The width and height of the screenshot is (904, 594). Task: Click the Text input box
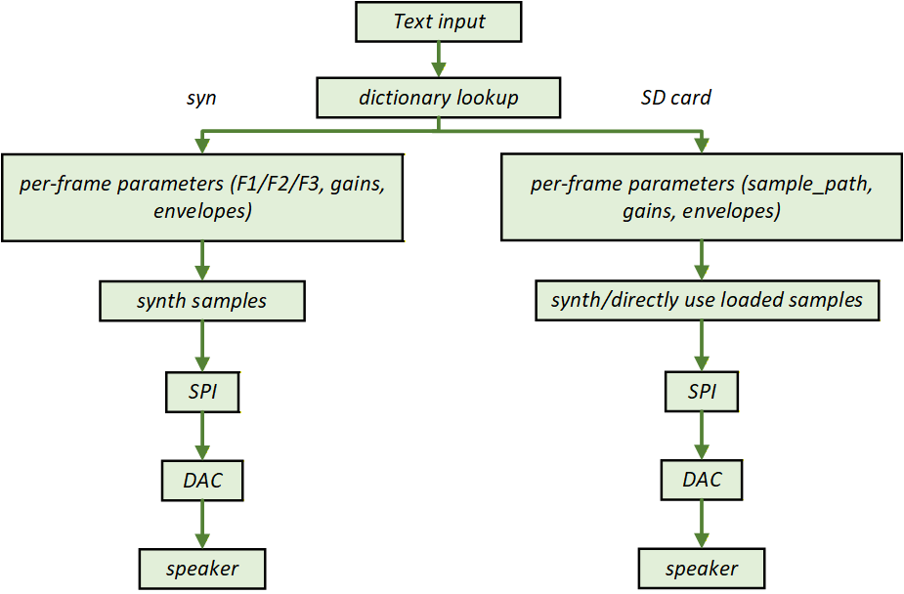pyautogui.click(x=439, y=21)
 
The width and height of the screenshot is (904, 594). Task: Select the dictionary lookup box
pyautogui.click(x=439, y=98)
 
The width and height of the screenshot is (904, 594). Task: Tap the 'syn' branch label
pyautogui.click(x=201, y=98)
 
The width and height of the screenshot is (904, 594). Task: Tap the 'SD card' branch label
pyautogui.click(x=675, y=98)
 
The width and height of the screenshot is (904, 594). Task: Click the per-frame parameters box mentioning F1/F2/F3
pyautogui.click(x=202, y=197)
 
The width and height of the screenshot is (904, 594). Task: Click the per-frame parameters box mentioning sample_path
pyautogui.click(x=701, y=197)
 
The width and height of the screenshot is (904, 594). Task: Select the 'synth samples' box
pyautogui.click(x=202, y=301)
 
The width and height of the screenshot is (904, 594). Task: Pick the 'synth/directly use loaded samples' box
pyautogui.click(x=707, y=301)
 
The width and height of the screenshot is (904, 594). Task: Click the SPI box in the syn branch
pyautogui.click(x=202, y=393)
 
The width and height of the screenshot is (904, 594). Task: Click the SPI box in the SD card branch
pyautogui.click(x=702, y=393)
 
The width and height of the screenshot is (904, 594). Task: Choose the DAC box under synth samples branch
pyautogui.click(x=202, y=480)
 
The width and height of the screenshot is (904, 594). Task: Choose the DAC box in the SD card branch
pyautogui.click(x=702, y=480)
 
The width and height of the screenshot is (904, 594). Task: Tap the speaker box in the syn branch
pyautogui.click(x=202, y=568)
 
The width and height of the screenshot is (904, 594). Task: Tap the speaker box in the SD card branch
pyautogui.click(x=702, y=568)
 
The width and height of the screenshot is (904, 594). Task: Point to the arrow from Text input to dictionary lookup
pyautogui.click(x=439, y=60)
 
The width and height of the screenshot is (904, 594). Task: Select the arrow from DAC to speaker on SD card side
pyautogui.click(x=702, y=524)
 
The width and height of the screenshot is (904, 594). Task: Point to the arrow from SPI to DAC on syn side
pyautogui.click(x=202, y=436)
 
